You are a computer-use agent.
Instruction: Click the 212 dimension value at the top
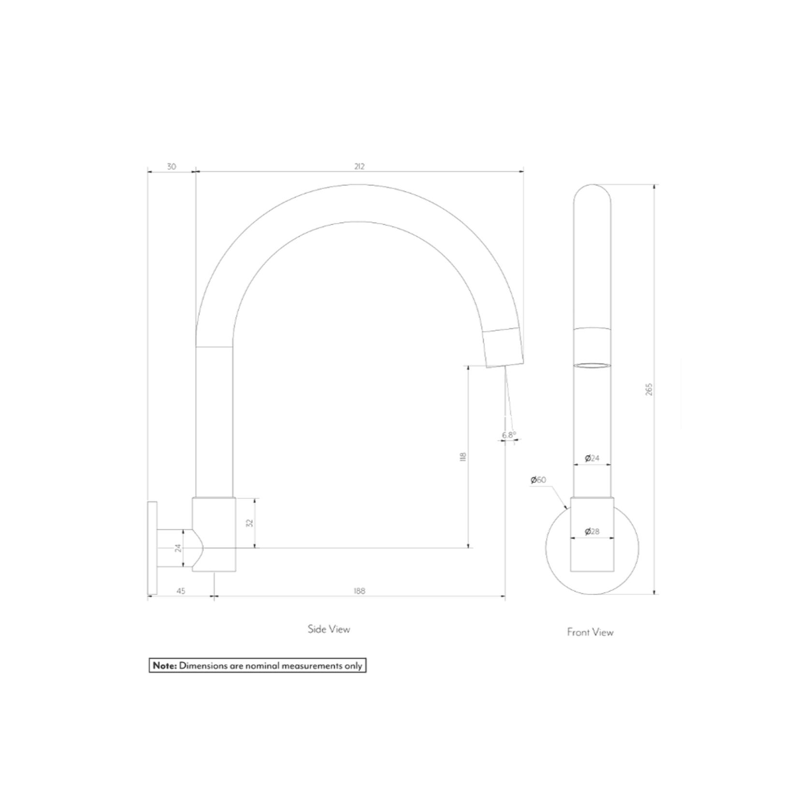pyautogui.click(x=359, y=166)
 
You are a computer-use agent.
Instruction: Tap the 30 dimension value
pyautogui.click(x=172, y=166)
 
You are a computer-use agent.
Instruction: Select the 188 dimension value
pyautogui.click(x=359, y=591)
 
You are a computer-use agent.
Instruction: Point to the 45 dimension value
pyautogui.click(x=181, y=591)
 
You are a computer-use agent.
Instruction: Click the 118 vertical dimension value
pyautogui.click(x=463, y=457)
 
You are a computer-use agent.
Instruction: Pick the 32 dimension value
pyautogui.click(x=250, y=523)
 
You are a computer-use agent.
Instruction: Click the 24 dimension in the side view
pyautogui.click(x=178, y=548)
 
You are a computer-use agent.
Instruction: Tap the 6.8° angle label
pyautogui.click(x=508, y=434)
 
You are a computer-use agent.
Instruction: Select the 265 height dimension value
pyautogui.click(x=649, y=390)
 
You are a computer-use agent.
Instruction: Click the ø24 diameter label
pyautogui.click(x=592, y=458)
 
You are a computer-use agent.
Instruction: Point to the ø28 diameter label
pyautogui.click(x=592, y=531)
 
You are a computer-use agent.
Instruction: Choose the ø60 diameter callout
pyautogui.click(x=538, y=480)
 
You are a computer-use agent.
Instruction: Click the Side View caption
pyautogui.click(x=329, y=629)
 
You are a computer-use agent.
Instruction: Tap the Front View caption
pyautogui.click(x=590, y=632)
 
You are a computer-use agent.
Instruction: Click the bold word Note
pyautogui.click(x=164, y=665)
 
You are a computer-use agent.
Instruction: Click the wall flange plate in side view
pyautogui.click(x=152, y=548)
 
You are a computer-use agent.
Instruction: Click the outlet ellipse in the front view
pyautogui.click(x=592, y=365)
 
